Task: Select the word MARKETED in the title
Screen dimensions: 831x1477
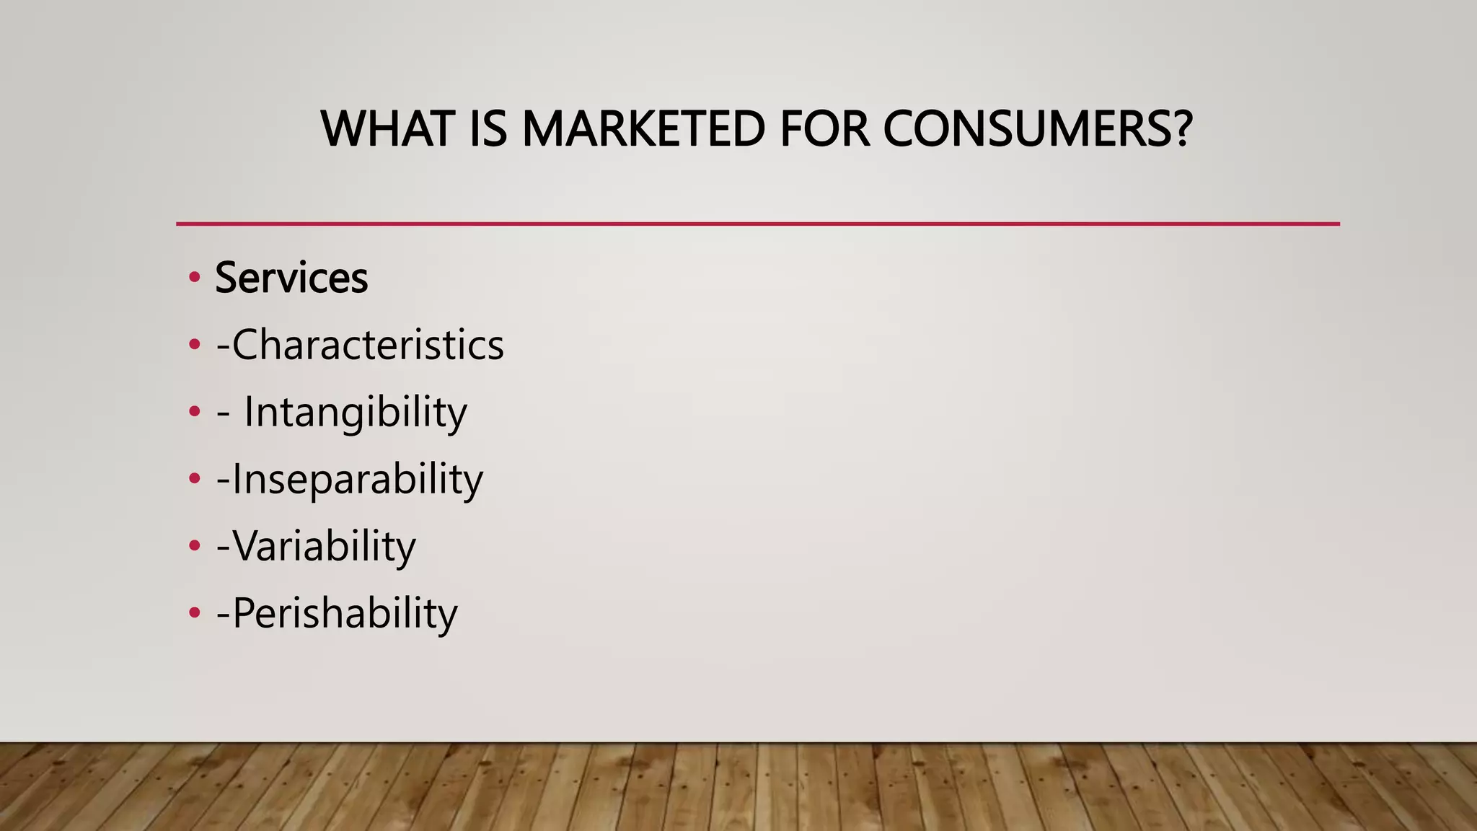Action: (x=643, y=129)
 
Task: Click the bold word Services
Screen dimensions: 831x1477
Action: (x=291, y=278)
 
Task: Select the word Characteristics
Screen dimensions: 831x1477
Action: (x=368, y=345)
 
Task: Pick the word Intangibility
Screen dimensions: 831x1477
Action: (x=356, y=413)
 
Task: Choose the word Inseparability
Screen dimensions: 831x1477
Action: (x=358, y=480)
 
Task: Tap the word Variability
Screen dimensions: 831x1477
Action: (x=325, y=546)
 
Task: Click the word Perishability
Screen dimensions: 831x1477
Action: (x=345, y=613)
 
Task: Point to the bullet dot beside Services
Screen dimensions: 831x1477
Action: (x=193, y=278)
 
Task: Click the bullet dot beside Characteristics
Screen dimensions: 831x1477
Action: (x=193, y=345)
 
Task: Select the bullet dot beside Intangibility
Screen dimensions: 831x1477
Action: (x=193, y=412)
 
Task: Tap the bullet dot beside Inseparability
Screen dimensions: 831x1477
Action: (x=193, y=479)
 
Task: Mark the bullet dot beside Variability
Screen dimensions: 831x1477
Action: (x=193, y=546)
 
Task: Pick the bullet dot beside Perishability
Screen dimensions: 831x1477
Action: (x=193, y=613)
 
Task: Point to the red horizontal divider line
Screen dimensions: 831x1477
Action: (x=757, y=224)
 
